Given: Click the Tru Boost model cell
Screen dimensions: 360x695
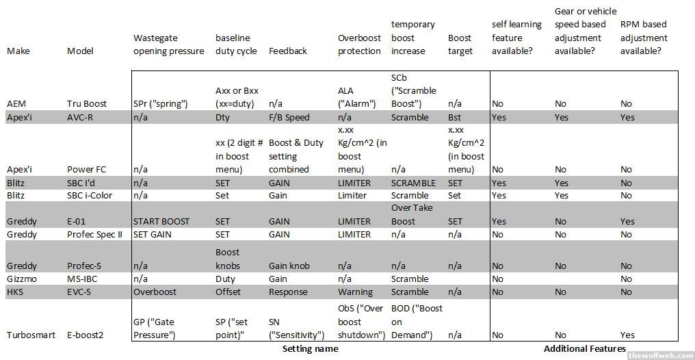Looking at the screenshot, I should [86, 104].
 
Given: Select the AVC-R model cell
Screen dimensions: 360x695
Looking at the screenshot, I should [80, 117].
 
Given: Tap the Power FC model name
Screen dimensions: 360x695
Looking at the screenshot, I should [86, 169].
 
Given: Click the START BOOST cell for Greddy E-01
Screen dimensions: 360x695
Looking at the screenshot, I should [161, 221].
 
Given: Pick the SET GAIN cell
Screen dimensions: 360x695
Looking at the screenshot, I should [154, 234].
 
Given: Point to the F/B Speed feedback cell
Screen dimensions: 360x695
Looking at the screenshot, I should [289, 117].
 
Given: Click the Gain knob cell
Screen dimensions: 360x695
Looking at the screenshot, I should [289, 266].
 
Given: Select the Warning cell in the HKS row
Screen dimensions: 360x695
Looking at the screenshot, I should [356, 292].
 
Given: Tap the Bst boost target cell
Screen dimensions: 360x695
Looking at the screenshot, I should [455, 117].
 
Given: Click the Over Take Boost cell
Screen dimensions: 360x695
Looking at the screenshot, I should [412, 214].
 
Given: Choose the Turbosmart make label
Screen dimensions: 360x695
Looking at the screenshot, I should [30, 335].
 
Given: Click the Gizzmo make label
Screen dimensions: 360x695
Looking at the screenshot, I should [23, 279].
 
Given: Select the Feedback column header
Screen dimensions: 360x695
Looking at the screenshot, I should [288, 51].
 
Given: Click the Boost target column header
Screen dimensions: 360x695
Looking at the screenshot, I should [460, 44].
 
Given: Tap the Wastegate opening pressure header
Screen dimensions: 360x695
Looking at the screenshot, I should [168, 44].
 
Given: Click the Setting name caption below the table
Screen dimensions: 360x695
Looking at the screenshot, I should [311, 349].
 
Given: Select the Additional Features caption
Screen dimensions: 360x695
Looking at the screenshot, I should [584, 349].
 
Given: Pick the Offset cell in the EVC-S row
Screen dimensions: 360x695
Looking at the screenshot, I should [229, 292].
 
